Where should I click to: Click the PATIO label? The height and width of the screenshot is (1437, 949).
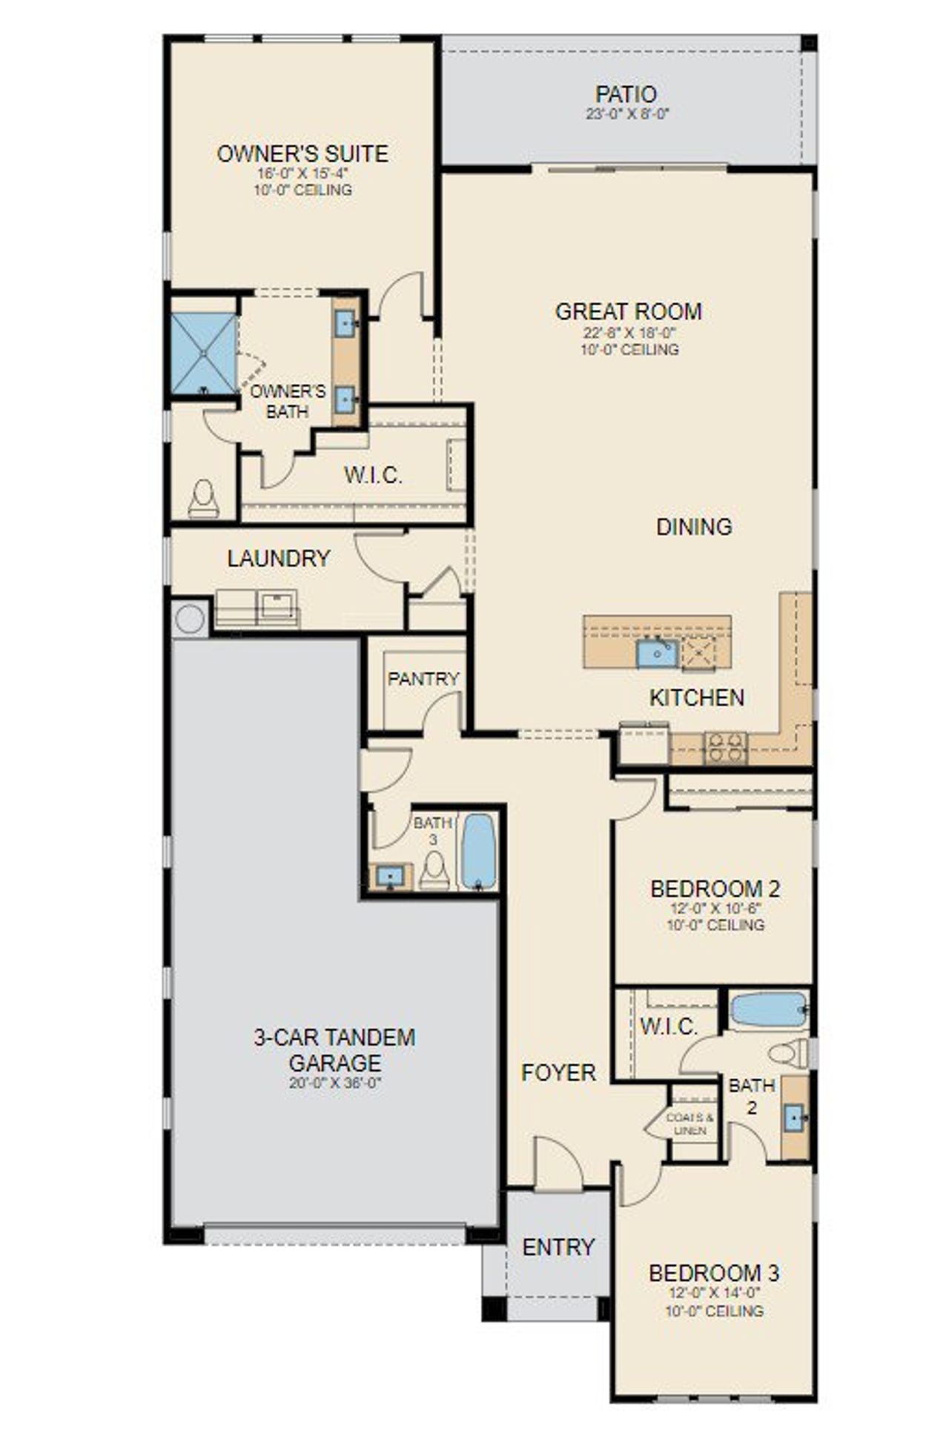point(626,95)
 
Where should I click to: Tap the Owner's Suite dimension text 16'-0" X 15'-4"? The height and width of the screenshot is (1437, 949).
point(302,173)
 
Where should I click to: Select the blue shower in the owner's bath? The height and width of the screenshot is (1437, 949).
point(202,353)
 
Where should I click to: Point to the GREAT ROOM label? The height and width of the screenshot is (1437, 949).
point(628,311)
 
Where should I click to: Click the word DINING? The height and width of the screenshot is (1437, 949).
point(694,527)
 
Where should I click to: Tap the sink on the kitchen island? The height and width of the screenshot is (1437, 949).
point(656,654)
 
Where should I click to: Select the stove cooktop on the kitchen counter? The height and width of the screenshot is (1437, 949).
point(725,747)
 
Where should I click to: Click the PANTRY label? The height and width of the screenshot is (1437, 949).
point(423,679)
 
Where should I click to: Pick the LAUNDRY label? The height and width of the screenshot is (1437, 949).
point(278,559)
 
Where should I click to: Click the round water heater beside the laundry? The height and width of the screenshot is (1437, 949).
point(189,619)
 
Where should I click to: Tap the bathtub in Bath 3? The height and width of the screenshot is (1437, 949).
point(479,852)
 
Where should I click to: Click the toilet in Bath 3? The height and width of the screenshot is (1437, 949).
point(434,871)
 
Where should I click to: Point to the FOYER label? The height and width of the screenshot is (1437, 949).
point(558,1072)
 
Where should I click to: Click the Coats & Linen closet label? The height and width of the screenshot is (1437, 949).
point(690,1124)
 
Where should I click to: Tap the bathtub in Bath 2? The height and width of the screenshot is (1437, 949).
point(768,1009)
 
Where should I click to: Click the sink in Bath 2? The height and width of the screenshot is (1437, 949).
point(795,1116)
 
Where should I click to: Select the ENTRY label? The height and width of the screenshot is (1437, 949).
point(558,1247)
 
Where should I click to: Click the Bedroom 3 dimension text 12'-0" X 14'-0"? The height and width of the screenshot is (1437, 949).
point(713,1292)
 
